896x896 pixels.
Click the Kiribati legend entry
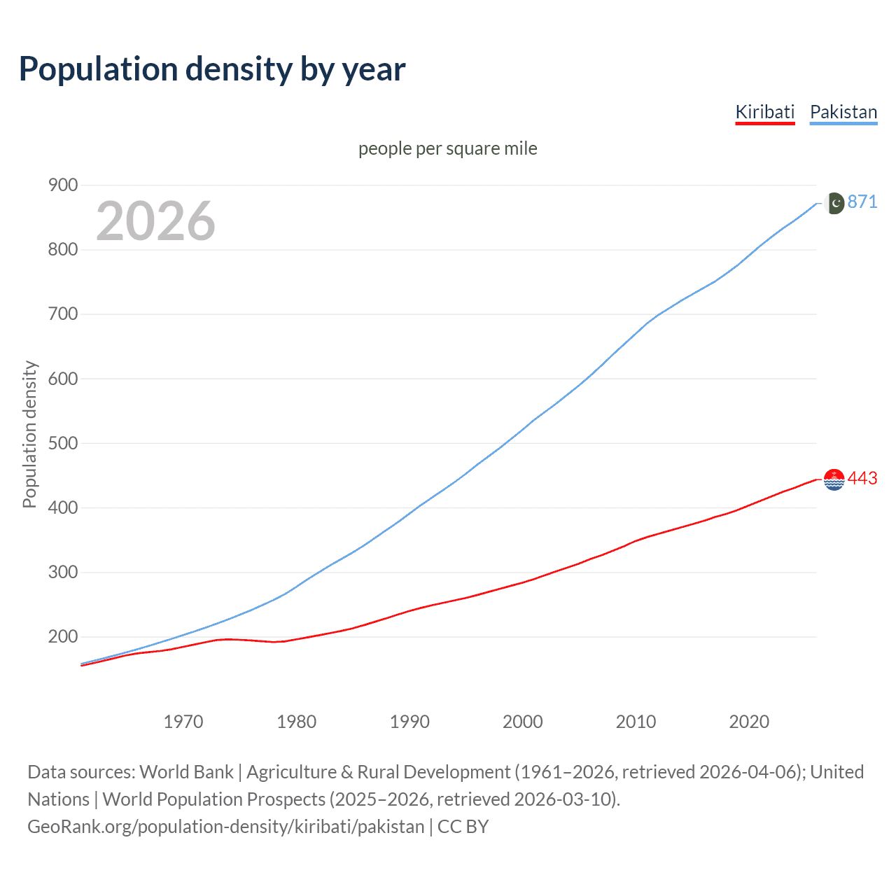(x=764, y=112)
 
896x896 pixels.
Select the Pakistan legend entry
(x=843, y=112)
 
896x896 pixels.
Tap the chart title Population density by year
(x=212, y=69)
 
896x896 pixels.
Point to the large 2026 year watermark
(x=155, y=221)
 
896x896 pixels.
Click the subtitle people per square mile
(x=447, y=148)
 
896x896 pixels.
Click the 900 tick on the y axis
(x=62, y=185)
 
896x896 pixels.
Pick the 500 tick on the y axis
(x=62, y=443)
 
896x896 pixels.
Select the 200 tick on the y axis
(x=62, y=637)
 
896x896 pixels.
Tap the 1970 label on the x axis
(x=183, y=722)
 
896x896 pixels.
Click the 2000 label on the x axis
(x=523, y=722)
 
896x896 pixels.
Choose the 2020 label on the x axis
(x=749, y=722)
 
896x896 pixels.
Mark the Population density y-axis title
(x=29, y=434)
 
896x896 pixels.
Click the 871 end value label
(x=862, y=202)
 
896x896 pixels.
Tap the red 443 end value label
(x=862, y=479)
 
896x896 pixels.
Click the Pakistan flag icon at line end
(x=834, y=203)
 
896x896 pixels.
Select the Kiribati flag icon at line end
(x=834, y=479)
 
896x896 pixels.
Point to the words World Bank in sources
(x=186, y=772)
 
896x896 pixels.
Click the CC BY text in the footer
(x=463, y=827)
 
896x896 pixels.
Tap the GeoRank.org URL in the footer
(x=225, y=827)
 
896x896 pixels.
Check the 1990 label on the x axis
(x=409, y=722)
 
